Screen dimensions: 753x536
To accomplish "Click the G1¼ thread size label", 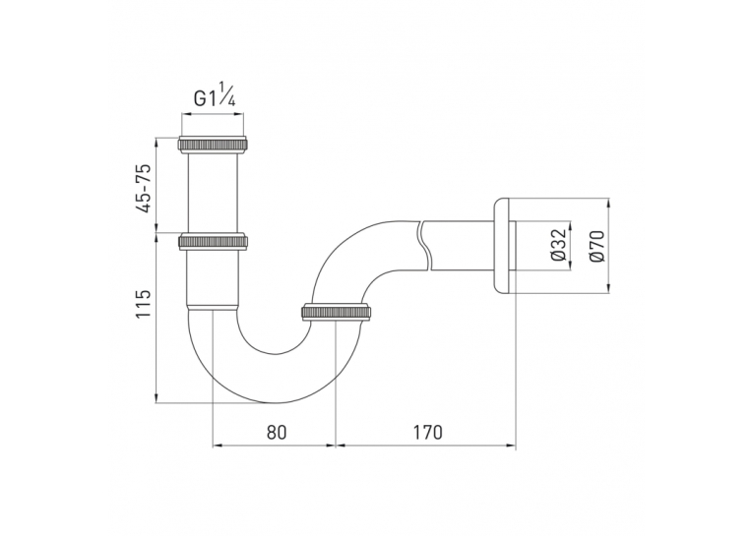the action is click(x=215, y=96).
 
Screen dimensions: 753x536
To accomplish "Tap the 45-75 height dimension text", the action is click(x=143, y=188).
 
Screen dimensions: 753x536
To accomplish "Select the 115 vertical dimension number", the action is click(x=143, y=303).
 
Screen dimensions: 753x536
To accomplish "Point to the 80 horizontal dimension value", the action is click(x=276, y=433).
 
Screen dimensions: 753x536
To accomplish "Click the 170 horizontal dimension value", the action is click(x=427, y=433).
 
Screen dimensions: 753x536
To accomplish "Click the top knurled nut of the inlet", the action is click(x=214, y=145).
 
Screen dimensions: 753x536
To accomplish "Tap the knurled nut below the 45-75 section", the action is click(x=214, y=242).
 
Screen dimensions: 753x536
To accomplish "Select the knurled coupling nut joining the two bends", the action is click(x=336, y=312).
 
